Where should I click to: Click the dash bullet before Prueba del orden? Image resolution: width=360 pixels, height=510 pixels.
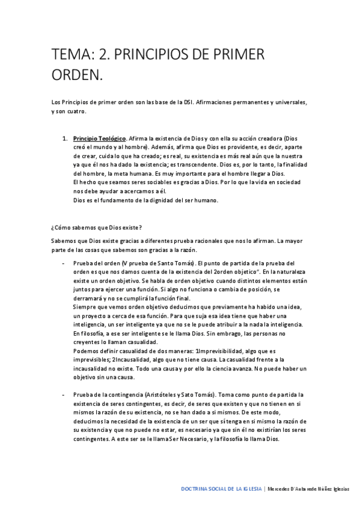coord(63,263)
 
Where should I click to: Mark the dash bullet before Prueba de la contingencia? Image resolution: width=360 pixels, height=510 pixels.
coord(63,393)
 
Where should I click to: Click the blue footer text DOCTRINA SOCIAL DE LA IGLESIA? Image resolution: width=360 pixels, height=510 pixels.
coord(221,490)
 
